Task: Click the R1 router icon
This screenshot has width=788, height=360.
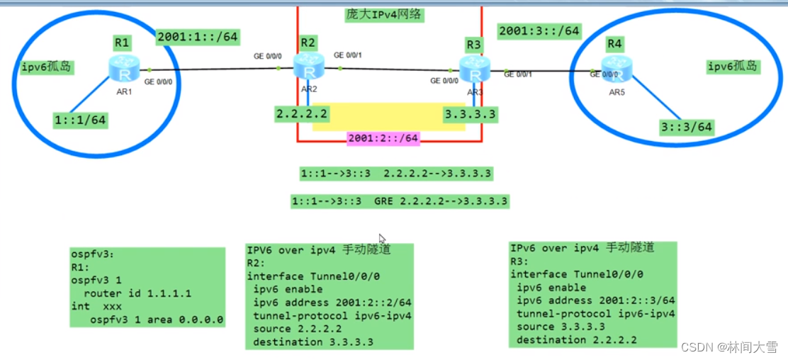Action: (x=125, y=69)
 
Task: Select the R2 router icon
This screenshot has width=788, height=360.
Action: (x=308, y=67)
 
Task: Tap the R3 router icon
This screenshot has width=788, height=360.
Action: (x=474, y=69)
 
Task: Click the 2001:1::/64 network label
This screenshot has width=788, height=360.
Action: (x=197, y=37)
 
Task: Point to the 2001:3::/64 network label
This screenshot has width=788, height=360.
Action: (x=539, y=31)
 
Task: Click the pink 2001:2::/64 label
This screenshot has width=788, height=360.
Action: (x=383, y=138)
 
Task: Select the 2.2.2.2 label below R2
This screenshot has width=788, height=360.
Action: (x=302, y=113)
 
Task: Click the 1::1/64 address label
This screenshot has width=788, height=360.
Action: (x=81, y=120)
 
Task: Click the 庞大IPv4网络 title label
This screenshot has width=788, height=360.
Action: (x=380, y=14)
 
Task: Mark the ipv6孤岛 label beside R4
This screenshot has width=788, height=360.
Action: (x=733, y=67)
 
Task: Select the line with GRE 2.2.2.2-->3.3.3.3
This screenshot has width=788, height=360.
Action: (x=400, y=201)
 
